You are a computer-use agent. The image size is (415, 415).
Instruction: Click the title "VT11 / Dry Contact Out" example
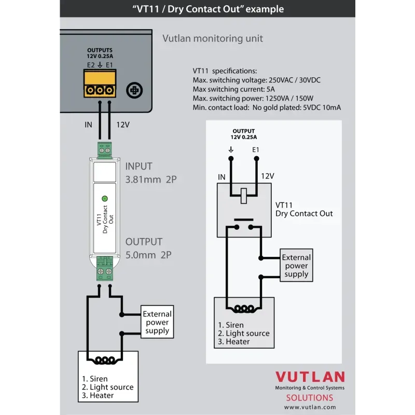(208, 9)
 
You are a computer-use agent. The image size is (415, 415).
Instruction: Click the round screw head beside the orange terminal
(135, 90)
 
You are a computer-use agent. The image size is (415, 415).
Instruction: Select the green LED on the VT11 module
(104, 198)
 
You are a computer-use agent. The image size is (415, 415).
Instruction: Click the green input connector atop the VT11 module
(104, 150)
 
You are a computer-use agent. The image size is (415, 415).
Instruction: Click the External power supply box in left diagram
(157, 322)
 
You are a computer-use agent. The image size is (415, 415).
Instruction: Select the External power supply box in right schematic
(296, 266)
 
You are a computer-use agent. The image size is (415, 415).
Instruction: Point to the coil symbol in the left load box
(104, 359)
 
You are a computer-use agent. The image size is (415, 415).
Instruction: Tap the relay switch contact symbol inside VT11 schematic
(243, 224)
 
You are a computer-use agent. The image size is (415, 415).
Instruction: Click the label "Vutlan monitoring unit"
(213, 38)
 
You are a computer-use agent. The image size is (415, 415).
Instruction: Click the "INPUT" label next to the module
(139, 167)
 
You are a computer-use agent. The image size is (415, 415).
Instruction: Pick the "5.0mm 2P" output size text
(148, 255)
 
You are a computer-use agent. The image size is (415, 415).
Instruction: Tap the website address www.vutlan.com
(310, 407)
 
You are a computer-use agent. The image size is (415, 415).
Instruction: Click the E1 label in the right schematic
(255, 150)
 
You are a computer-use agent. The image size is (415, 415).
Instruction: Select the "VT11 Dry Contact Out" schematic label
(304, 210)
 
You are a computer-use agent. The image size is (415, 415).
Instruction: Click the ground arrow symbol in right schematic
(231, 150)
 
